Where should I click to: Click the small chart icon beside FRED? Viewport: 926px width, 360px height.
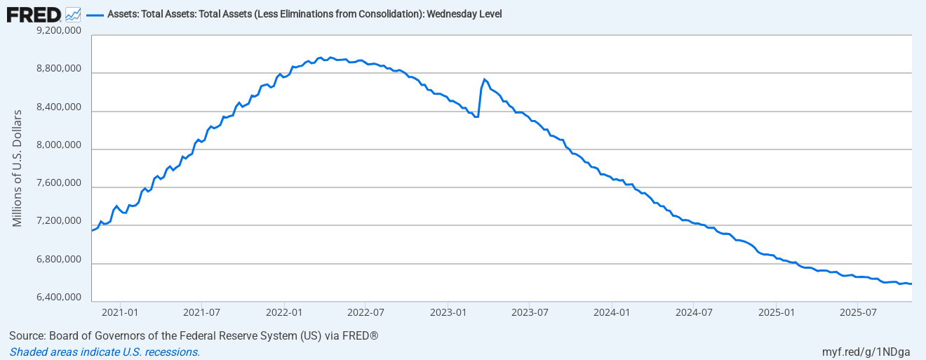click(x=73, y=14)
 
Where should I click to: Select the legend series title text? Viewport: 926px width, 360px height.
click(x=304, y=14)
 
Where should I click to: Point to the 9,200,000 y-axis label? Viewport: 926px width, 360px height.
click(x=58, y=32)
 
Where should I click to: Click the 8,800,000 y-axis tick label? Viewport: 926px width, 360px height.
click(x=58, y=69)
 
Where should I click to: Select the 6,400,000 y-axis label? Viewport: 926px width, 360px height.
click(x=58, y=298)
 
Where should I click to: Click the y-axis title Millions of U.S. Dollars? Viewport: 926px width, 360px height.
click(x=18, y=168)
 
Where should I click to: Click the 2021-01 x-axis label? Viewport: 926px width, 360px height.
click(x=120, y=311)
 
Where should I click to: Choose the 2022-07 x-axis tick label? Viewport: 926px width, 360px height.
click(x=365, y=311)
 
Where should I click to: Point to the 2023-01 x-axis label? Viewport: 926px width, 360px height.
click(x=448, y=311)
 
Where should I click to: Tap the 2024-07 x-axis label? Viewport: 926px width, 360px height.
click(x=693, y=311)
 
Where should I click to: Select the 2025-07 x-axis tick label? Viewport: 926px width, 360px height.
click(x=859, y=311)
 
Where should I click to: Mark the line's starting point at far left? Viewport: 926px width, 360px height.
click(x=93, y=230)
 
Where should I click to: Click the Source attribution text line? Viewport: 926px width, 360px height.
click(x=194, y=336)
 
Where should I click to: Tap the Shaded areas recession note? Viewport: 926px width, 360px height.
click(x=105, y=352)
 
